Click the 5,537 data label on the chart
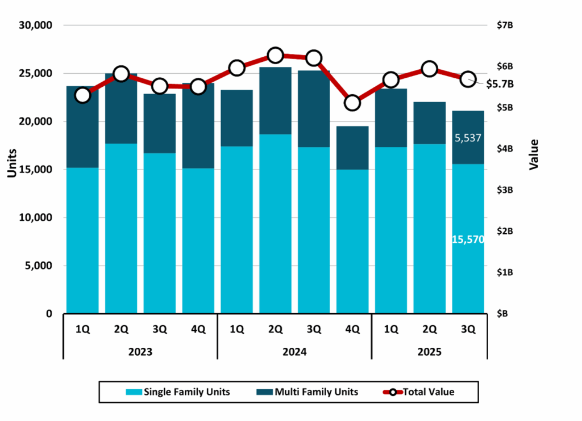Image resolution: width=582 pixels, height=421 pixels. click(469, 138)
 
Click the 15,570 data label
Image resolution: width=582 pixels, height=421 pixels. click(468, 240)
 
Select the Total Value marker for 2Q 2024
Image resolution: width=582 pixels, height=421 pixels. click(276, 55)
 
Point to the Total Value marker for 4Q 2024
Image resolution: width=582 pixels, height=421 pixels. click(353, 103)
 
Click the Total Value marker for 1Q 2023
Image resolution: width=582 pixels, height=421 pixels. click(83, 95)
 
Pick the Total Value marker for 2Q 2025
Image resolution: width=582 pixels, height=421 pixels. click(430, 69)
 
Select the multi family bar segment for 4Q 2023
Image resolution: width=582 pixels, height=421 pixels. click(198, 128)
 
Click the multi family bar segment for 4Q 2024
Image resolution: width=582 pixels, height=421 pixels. click(353, 148)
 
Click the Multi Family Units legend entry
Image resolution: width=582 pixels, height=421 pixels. click(309, 391)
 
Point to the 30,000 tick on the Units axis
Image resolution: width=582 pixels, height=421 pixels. click(36, 26)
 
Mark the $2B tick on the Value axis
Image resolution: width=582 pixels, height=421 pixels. click(505, 231)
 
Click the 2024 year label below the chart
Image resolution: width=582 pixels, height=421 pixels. click(294, 352)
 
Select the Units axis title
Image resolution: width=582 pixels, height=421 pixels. click(12, 163)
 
